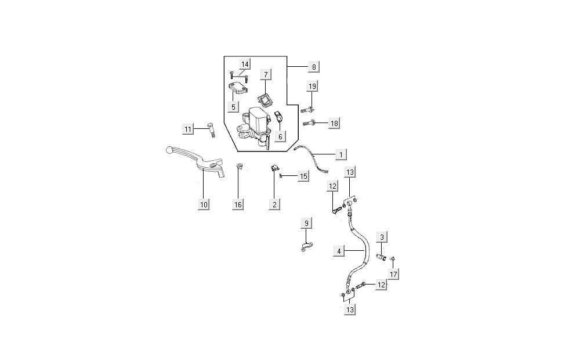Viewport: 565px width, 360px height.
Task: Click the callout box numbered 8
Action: (313, 67)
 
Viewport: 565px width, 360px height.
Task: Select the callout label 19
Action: (312, 87)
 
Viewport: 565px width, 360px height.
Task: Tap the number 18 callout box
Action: (334, 124)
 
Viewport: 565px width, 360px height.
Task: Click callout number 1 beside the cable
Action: (341, 154)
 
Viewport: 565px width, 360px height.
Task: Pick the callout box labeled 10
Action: (203, 204)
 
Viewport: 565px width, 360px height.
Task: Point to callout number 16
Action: (238, 204)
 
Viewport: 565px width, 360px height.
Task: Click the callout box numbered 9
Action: (307, 224)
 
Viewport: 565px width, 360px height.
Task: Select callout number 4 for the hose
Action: (340, 251)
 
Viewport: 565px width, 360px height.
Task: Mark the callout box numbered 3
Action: (382, 237)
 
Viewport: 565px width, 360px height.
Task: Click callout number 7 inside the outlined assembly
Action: (265, 75)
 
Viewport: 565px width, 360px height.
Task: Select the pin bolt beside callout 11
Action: (210, 129)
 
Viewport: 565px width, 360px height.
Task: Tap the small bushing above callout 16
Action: (238, 168)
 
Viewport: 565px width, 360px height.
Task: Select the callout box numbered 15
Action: (303, 176)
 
